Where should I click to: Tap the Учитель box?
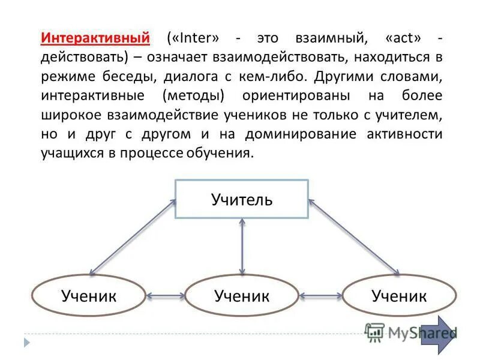click(x=241, y=199)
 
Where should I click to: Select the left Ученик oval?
click(x=88, y=295)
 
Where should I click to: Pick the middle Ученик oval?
click(x=241, y=295)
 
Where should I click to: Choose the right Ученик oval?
click(x=399, y=295)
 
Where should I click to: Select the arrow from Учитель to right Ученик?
click(x=354, y=237)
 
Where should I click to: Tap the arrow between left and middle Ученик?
click(x=166, y=296)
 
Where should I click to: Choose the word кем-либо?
click(x=276, y=77)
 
